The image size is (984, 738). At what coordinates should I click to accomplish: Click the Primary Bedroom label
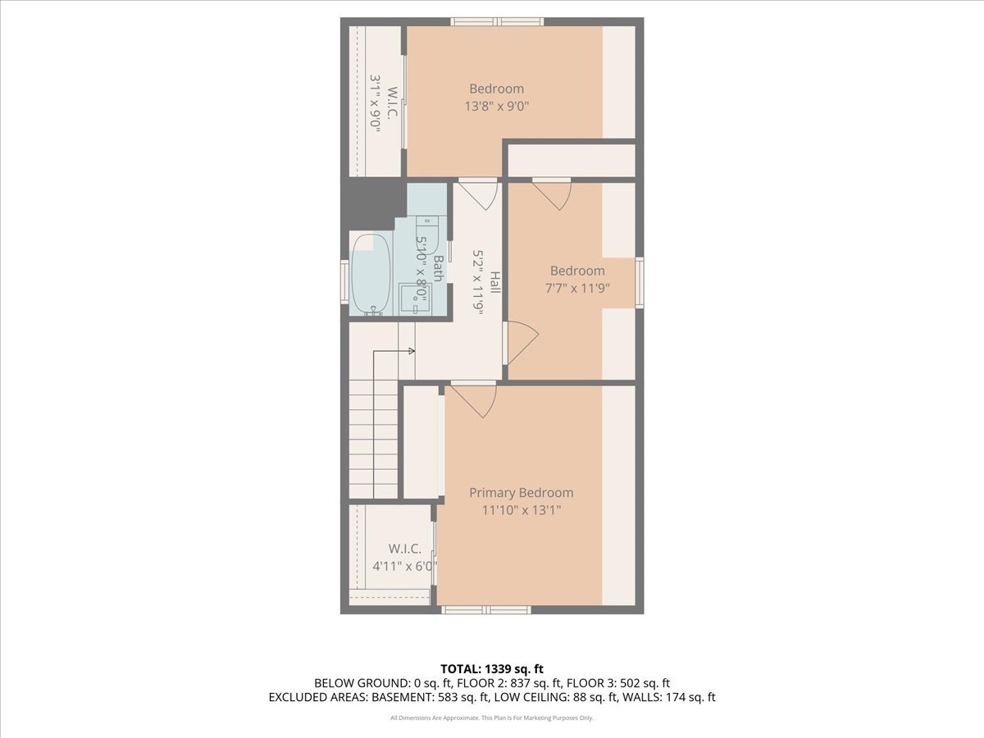point(521,493)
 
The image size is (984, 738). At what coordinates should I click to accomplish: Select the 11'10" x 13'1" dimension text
point(521,510)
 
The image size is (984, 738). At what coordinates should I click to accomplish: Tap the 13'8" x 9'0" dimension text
point(496,106)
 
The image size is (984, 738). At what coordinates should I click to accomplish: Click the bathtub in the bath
point(371,275)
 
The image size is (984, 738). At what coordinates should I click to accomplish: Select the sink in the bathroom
point(414,297)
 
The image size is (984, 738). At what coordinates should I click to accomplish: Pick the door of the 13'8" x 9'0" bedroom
point(478,193)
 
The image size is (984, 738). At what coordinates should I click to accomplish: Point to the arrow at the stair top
point(411,351)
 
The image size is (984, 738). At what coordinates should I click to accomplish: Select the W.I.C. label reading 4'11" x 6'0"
point(404,557)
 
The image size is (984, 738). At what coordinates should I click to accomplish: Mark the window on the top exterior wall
point(498,21)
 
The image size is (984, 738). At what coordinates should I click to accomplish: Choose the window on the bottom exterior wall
point(485,610)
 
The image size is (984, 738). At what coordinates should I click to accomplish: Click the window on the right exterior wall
point(640,282)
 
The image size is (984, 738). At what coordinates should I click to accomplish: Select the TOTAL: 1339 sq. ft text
point(492,669)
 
